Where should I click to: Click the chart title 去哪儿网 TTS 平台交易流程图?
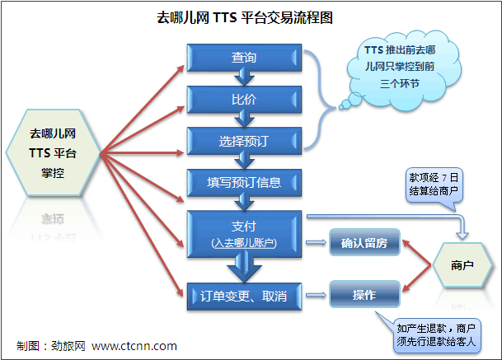(245, 17)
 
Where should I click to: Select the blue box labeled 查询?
(244, 58)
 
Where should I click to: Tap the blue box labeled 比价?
(244, 100)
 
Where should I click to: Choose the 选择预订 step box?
(244, 141)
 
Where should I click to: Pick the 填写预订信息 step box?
(244, 183)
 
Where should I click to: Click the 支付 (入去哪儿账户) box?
(244, 234)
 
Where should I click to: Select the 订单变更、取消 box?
(244, 297)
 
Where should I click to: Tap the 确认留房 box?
(364, 242)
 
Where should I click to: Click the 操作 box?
(364, 294)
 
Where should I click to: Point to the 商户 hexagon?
(462, 265)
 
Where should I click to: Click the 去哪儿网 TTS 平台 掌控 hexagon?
(53, 152)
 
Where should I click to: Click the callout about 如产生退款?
(435, 335)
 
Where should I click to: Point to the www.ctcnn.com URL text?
(134, 346)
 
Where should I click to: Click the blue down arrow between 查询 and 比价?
(244, 78)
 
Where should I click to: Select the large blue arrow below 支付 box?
(244, 266)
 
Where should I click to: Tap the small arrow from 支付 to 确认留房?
(316, 242)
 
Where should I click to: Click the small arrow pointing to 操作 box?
(316, 295)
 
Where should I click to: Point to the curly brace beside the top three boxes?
(321, 100)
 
